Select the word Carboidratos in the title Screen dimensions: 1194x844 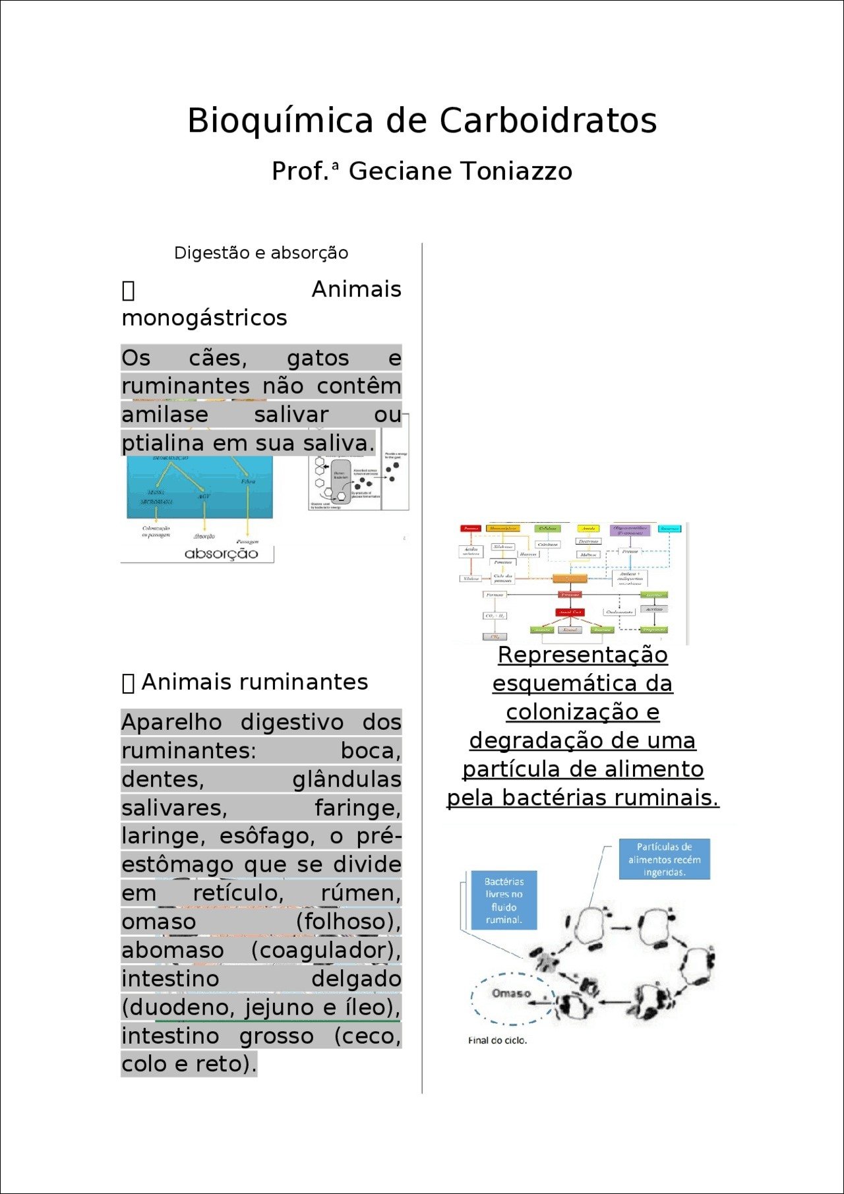point(548,121)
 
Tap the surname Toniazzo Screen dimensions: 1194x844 point(516,171)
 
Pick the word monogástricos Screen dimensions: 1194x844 point(204,318)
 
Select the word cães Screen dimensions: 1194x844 point(218,358)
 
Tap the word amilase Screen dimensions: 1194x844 point(165,415)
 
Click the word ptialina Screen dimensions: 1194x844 point(164,443)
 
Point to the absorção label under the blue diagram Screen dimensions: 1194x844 point(221,553)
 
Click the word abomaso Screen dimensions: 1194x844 point(173,950)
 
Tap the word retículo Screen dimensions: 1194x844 point(238,893)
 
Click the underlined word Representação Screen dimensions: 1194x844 point(582,655)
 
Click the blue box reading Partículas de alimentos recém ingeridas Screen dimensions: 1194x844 point(664,859)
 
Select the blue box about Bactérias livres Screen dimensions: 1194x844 point(504,900)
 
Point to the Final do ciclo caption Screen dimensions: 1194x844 point(497,1040)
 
